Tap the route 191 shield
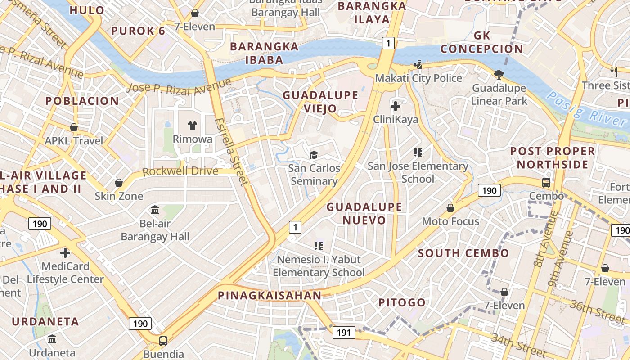[x=344, y=333]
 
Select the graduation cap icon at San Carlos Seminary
[x=314, y=155]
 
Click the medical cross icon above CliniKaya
[x=396, y=106]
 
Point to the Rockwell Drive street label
[x=180, y=171]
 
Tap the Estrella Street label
[x=231, y=152]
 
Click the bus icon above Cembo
[x=546, y=183]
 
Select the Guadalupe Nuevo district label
[x=364, y=213]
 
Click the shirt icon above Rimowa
[x=193, y=126]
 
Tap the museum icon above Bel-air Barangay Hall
[x=155, y=210]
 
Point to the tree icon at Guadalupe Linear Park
[x=499, y=74]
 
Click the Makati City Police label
[x=418, y=78]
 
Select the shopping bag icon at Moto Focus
[x=450, y=208]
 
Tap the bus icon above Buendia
[x=163, y=341]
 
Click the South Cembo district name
[x=463, y=253]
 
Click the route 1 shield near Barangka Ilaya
[x=388, y=43]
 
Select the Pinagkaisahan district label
[x=270, y=296]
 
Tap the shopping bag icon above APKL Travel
[x=74, y=128]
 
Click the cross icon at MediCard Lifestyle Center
[x=65, y=252]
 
